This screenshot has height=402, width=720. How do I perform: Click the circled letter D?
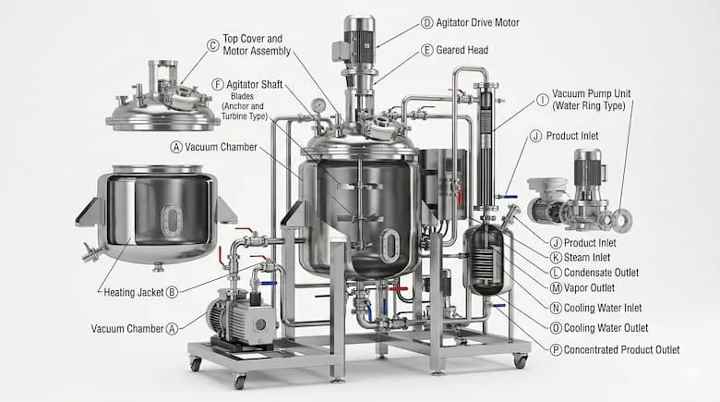[426, 22]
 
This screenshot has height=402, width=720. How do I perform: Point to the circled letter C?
[213, 44]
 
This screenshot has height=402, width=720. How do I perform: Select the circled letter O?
[556, 328]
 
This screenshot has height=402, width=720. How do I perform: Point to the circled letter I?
[542, 100]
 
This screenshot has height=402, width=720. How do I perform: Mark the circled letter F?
[218, 83]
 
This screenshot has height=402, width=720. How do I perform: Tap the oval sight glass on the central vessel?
[390, 245]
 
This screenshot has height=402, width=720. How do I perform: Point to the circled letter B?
[172, 292]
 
